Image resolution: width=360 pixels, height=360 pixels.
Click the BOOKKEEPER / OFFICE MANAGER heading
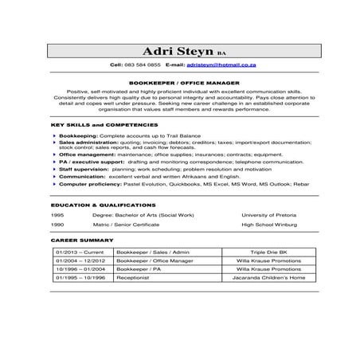pos(179,81)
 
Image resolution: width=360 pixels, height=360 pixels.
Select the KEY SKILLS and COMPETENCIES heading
pos(104,125)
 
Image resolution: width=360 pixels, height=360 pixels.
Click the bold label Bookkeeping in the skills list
pos(76,136)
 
